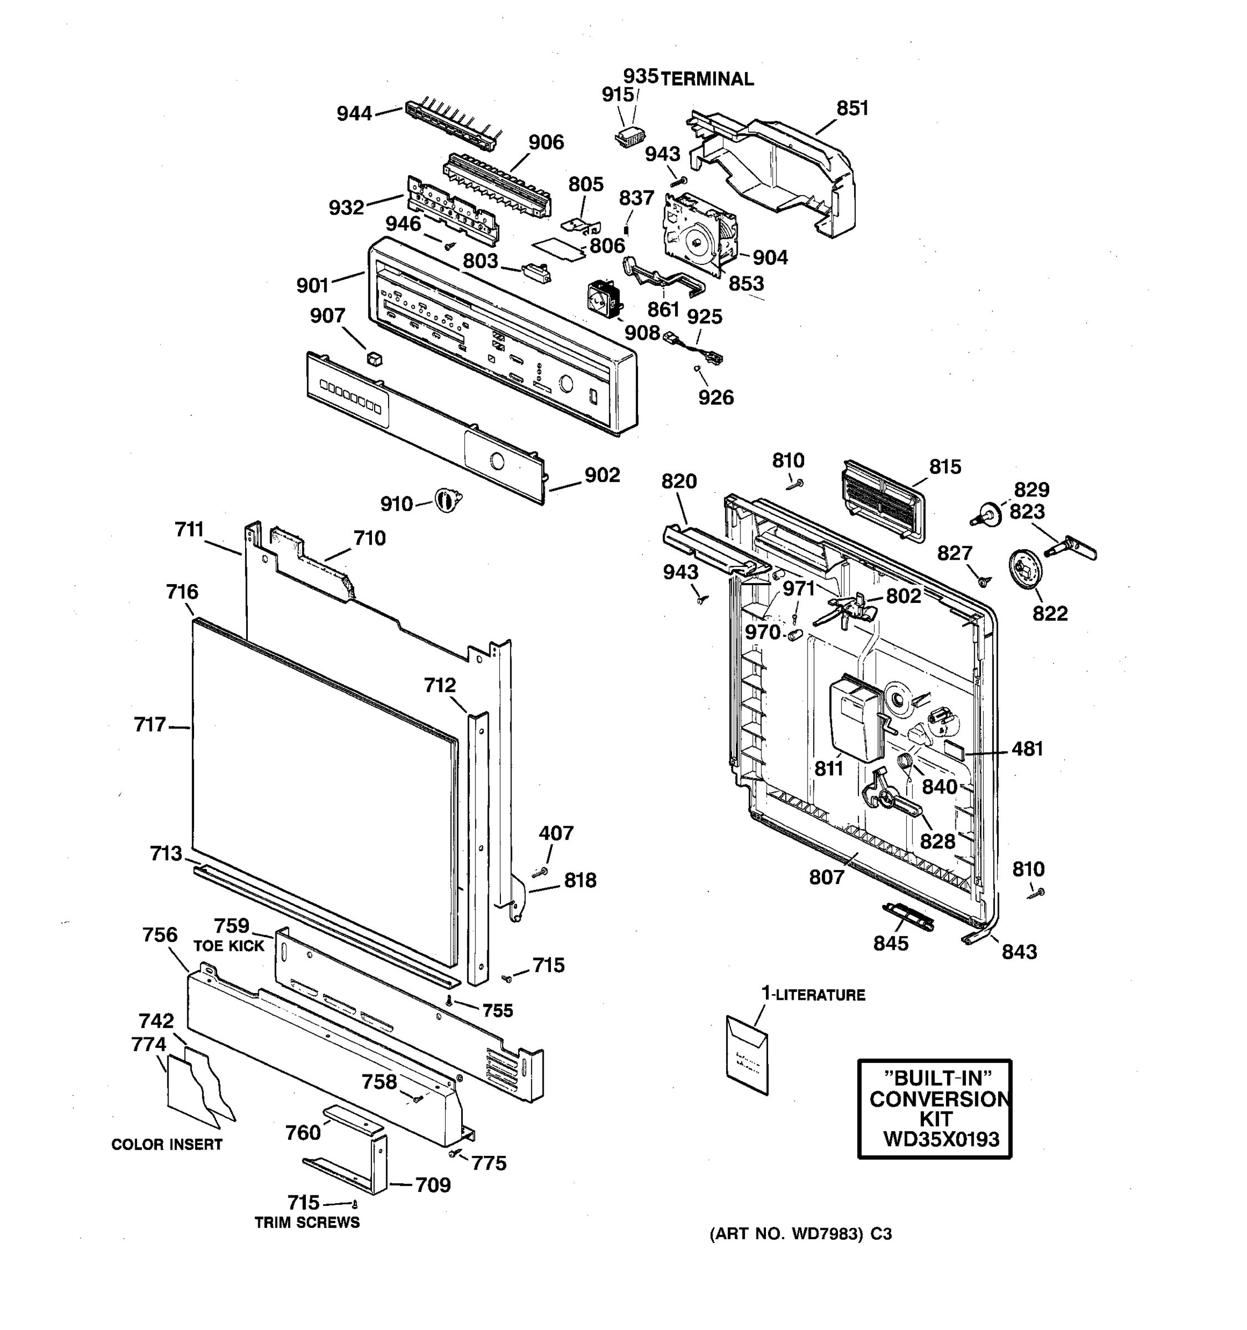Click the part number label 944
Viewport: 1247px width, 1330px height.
[x=354, y=114]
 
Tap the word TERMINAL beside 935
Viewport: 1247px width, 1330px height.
[x=707, y=79]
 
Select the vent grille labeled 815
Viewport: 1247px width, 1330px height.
[x=883, y=500]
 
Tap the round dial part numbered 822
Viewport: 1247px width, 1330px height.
[x=1025, y=569]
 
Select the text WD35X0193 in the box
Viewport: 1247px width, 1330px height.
[x=941, y=1139]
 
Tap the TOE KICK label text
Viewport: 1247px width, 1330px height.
[x=229, y=946]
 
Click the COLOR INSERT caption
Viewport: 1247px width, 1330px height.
[x=167, y=1145]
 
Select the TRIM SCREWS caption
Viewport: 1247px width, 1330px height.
[x=307, y=1223]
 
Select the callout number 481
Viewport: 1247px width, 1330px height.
[x=1027, y=749]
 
